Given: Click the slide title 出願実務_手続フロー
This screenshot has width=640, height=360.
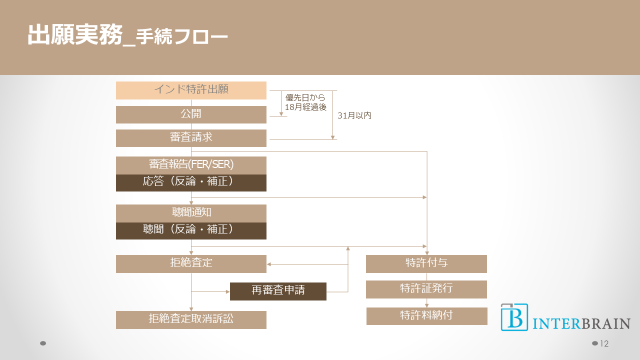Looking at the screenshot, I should click(x=127, y=36).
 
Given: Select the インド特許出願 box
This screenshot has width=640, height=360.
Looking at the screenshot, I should click(x=191, y=90).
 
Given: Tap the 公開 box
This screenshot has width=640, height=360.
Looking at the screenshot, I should click(x=191, y=114).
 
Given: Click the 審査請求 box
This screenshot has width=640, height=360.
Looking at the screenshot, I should click(x=191, y=138).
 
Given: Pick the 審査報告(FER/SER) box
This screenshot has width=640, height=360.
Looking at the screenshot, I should click(x=191, y=165).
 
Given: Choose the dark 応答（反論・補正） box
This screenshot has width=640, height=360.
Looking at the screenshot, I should click(x=191, y=182).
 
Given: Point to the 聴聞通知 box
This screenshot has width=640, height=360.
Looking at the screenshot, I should click(x=191, y=213).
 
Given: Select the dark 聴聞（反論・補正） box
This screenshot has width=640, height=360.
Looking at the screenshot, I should click(x=191, y=230).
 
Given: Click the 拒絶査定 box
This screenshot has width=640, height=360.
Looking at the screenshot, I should click(x=191, y=263).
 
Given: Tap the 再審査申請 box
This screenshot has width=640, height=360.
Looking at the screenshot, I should click(x=278, y=291).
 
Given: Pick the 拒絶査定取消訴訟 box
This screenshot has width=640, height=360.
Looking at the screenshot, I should click(x=191, y=319).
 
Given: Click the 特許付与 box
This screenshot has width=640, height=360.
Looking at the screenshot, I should click(x=426, y=263).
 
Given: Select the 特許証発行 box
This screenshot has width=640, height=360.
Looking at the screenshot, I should click(x=426, y=289).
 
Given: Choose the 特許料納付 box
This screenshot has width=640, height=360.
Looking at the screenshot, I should click(x=426, y=316).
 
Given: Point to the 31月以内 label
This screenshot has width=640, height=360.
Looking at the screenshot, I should click(x=354, y=115).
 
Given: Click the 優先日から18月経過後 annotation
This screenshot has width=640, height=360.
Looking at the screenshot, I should click(x=305, y=102).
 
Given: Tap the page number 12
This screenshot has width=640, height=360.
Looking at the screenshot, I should click(x=604, y=343).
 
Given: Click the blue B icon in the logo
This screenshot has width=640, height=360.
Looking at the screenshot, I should click(x=514, y=317).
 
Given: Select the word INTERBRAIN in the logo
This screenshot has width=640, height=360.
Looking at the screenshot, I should click(x=581, y=323).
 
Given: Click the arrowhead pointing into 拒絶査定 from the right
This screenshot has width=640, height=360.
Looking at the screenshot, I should click(x=269, y=264).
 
